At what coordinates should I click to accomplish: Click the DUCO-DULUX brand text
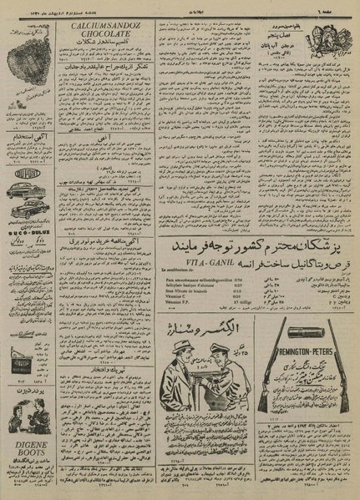click(x=30, y=235)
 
